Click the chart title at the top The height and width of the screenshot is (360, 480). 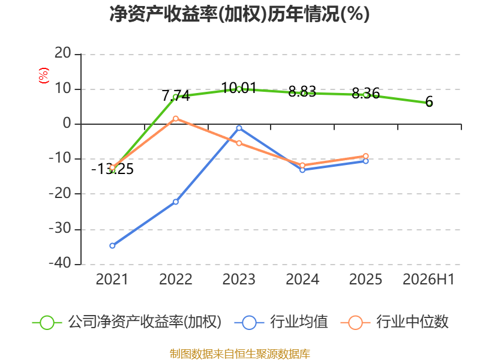coord(239,14)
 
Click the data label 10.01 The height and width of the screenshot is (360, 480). coord(239,88)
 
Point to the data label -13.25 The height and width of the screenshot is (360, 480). coord(112,169)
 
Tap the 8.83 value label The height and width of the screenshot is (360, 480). coord(302,92)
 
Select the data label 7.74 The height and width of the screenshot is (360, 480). coord(176,96)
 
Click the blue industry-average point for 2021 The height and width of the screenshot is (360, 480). coord(112,245)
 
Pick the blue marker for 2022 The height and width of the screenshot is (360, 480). coord(176,202)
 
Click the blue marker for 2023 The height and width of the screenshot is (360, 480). coord(239,128)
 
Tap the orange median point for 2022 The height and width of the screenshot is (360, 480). coord(176,118)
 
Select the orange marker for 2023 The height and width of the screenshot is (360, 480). coord(239,143)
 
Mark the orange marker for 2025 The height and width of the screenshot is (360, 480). coord(366,156)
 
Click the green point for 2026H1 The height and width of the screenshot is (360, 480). coord(429,103)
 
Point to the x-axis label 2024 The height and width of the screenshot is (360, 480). coord(302,280)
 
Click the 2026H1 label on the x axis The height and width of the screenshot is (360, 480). coord(428,280)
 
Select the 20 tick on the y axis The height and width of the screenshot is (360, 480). coord(63,53)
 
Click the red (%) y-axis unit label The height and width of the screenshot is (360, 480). coord(44,76)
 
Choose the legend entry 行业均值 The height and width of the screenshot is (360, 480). coord(281,322)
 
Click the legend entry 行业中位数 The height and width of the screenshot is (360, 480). coord(394,322)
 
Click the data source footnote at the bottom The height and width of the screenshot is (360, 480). coord(240,354)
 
